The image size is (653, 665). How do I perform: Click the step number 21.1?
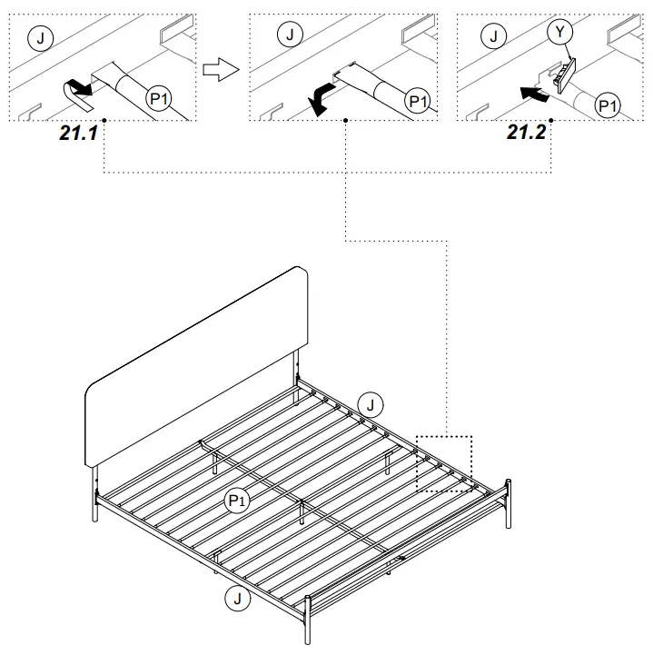[x=79, y=133]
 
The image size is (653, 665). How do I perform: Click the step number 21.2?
[x=527, y=133]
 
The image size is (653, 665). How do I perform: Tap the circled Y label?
[x=561, y=32]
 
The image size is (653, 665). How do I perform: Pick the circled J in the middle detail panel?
[x=289, y=35]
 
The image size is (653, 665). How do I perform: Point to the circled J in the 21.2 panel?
[x=493, y=36]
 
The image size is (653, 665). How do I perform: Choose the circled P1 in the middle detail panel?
[x=418, y=102]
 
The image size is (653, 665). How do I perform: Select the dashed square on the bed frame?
[x=444, y=463]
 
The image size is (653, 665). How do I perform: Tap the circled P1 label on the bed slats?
[x=238, y=501]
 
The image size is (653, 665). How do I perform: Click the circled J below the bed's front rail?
[x=237, y=597]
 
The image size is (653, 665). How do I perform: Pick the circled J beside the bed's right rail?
[x=371, y=405]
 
